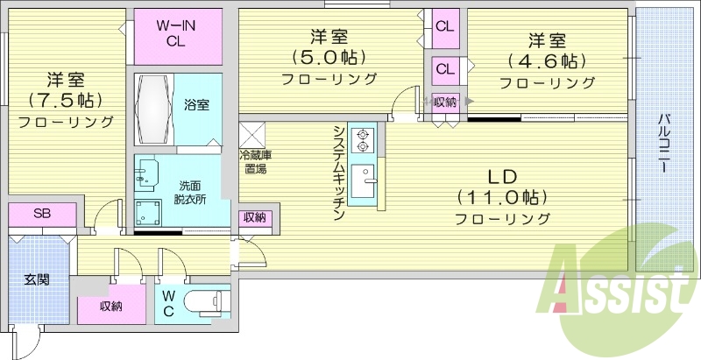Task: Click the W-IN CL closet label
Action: [175, 33]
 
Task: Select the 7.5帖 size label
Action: [65, 101]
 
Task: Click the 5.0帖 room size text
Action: [329, 58]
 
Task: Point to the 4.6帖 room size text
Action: [547, 61]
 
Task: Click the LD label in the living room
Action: [502, 177]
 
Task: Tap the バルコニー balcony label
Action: [663, 144]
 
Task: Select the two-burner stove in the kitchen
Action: [362, 140]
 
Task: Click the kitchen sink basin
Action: [363, 181]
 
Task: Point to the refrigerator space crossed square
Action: [252, 134]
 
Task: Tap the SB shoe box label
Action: [41, 213]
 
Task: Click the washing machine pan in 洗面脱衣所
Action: [148, 212]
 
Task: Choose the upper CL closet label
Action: [445, 27]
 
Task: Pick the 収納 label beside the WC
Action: [111, 307]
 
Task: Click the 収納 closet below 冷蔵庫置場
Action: [255, 218]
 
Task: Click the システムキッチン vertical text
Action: [339, 173]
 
